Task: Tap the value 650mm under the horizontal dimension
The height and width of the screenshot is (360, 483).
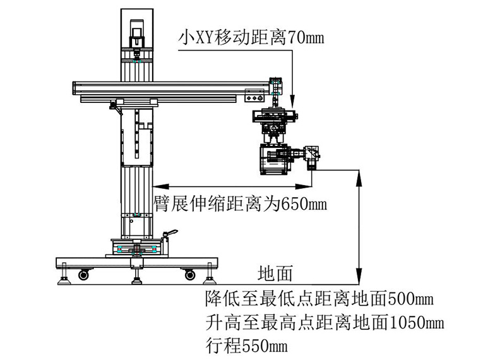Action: (x=302, y=203)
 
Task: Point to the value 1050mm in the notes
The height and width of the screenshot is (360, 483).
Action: (x=417, y=323)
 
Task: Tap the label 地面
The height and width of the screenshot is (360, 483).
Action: (x=276, y=273)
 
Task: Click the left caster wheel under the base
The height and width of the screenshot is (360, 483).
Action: (x=83, y=275)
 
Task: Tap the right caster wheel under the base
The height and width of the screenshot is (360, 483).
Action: (x=189, y=275)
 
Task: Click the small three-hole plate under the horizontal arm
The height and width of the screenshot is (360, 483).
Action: (x=254, y=96)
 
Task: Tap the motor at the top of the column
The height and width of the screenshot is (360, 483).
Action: (x=135, y=32)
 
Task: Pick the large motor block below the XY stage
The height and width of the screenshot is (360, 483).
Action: (x=275, y=158)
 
